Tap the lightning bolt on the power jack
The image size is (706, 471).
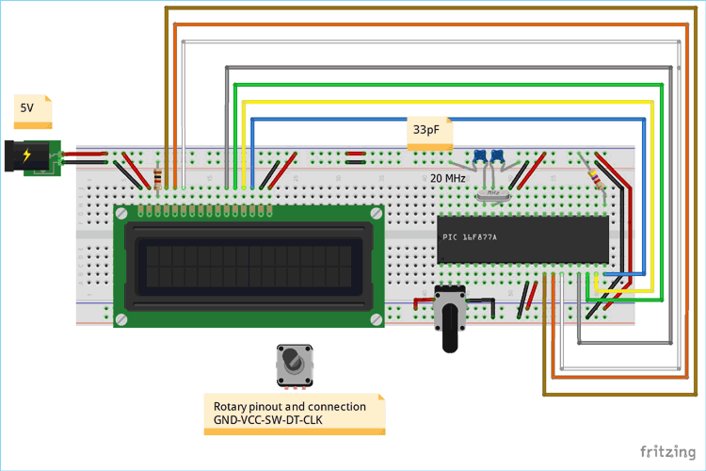(27, 155)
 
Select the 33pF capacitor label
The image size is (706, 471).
(425, 131)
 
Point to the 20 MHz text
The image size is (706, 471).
(448, 177)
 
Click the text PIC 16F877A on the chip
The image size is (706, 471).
(469, 236)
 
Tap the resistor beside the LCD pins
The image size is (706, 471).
(156, 177)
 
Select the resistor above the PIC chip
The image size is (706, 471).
(595, 175)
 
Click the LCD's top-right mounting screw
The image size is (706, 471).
(377, 214)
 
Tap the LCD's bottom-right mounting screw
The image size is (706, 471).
(377, 320)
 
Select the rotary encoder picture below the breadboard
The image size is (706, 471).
(295, 365)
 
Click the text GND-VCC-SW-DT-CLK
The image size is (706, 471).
(263, 419)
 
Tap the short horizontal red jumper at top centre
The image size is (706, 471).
(355, 153)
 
